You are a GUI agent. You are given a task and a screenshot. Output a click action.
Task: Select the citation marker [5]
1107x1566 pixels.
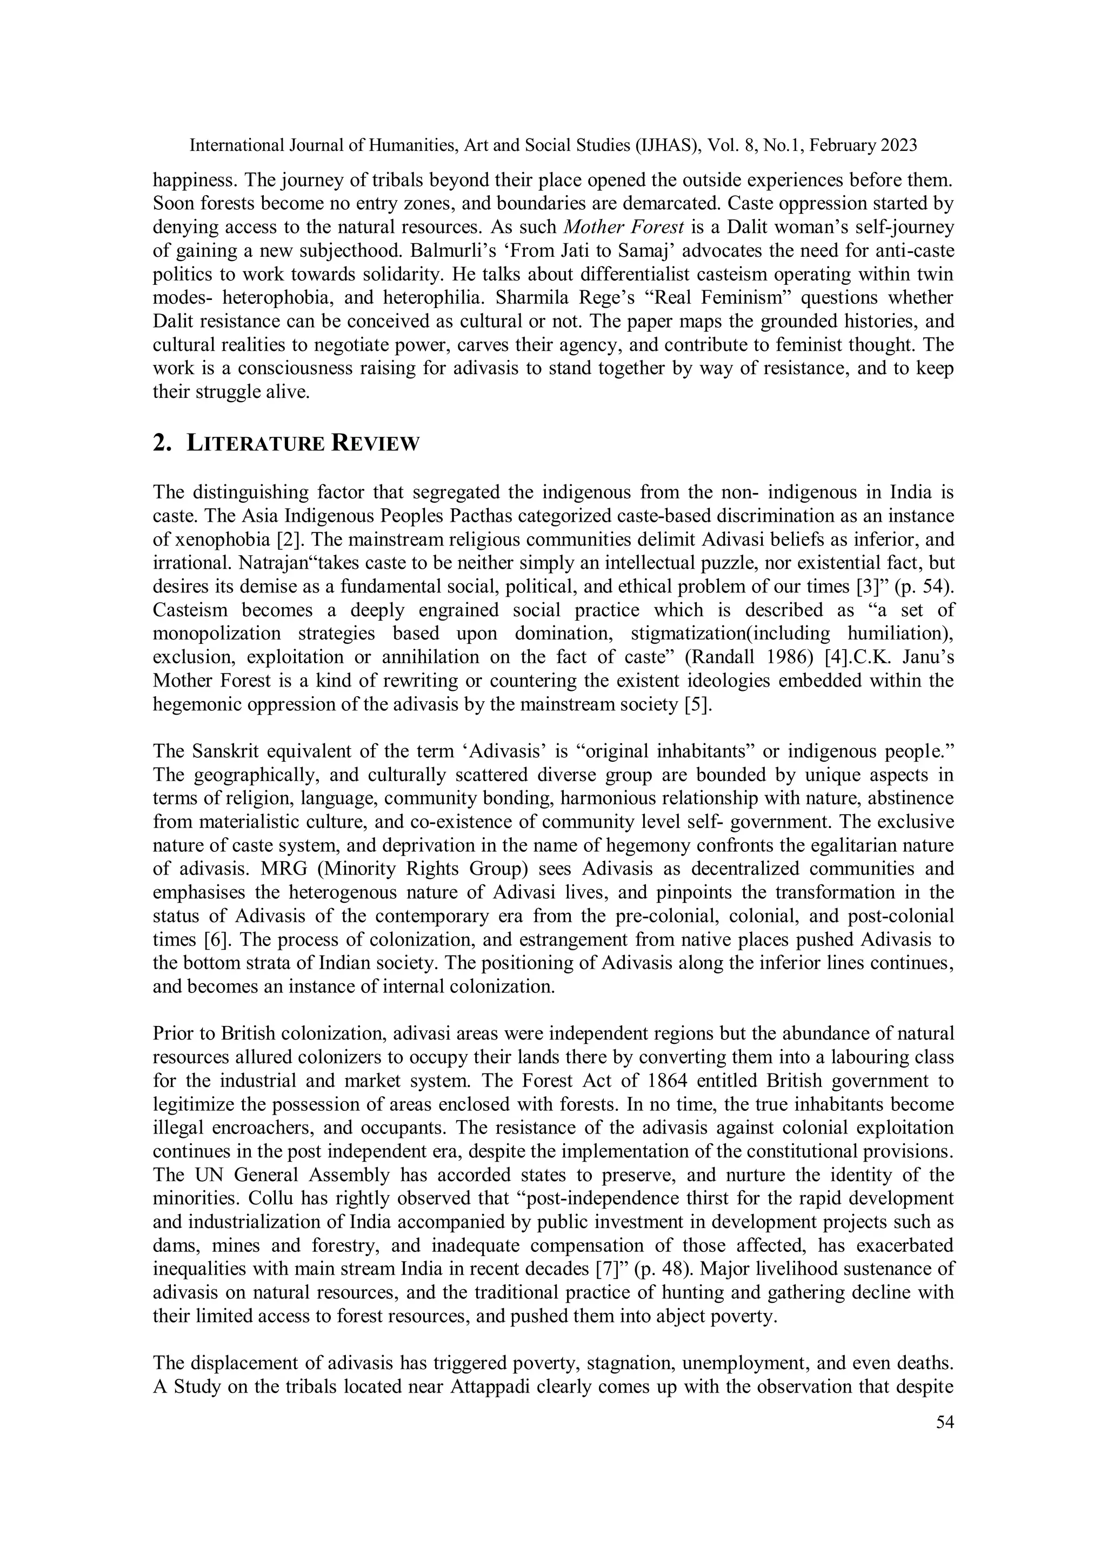coord(698,704)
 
